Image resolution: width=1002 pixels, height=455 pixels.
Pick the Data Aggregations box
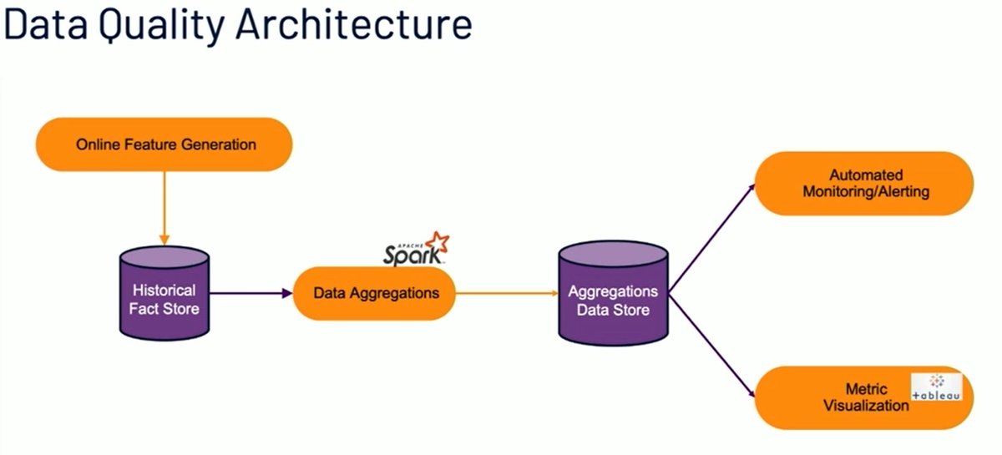click(375, 293)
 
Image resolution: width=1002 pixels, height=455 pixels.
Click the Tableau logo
click(937, 387)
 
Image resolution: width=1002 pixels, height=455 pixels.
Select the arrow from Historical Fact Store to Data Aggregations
click(250, 293)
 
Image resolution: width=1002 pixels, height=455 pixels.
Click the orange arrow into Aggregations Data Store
click(508, 293)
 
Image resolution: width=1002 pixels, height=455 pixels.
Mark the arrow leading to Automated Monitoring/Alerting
click(712, 237)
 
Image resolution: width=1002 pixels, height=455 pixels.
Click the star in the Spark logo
click(437, 242)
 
